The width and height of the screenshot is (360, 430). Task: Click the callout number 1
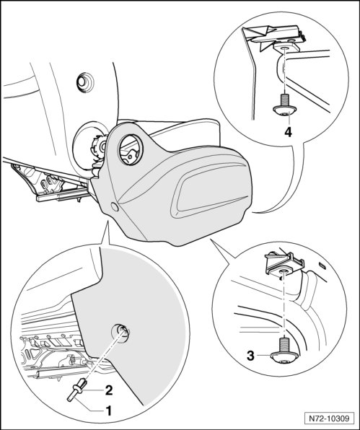[109, 411]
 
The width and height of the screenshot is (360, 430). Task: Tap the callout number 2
[109, 390]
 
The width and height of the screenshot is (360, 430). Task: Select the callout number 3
[250, 356]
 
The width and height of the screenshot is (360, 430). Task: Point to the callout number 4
[288, 132]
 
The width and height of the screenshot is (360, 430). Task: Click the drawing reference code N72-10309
[329, 418]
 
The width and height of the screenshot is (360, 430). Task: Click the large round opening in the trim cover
[131, 150]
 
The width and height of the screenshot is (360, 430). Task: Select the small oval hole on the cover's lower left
[115, 206]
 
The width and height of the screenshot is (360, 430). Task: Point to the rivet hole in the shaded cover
[120, 333]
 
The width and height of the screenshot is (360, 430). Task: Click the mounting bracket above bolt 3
[284, 264]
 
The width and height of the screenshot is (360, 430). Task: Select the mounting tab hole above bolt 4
[284, 48]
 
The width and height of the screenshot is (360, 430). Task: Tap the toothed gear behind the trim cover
[99, 148]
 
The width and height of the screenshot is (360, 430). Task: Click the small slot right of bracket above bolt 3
[322, 266]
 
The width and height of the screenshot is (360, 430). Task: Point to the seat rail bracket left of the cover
[51, 183]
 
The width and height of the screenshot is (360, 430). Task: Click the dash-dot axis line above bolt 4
[284, 71]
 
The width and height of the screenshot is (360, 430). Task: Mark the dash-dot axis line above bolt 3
[284, 305]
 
